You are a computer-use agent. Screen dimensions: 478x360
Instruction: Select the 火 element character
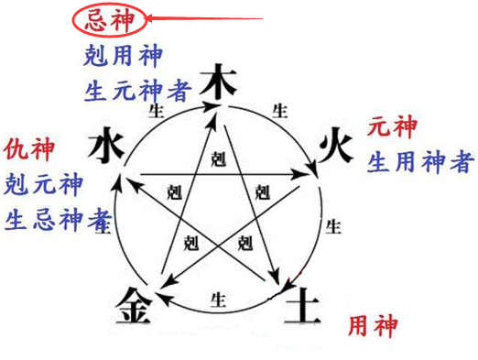(x=334, y=146)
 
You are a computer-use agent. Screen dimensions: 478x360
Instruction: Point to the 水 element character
(x=108, y=146)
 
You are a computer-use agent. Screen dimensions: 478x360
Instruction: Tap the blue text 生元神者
(x=134, y=90)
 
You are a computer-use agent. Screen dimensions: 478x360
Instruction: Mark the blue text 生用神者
(x=420, y=163)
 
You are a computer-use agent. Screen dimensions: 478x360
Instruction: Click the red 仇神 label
(x=28, y=147)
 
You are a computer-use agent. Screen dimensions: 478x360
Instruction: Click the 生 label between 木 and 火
(x=280, y=109)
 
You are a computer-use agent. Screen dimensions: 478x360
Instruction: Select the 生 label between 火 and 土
(x=335, y=225)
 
